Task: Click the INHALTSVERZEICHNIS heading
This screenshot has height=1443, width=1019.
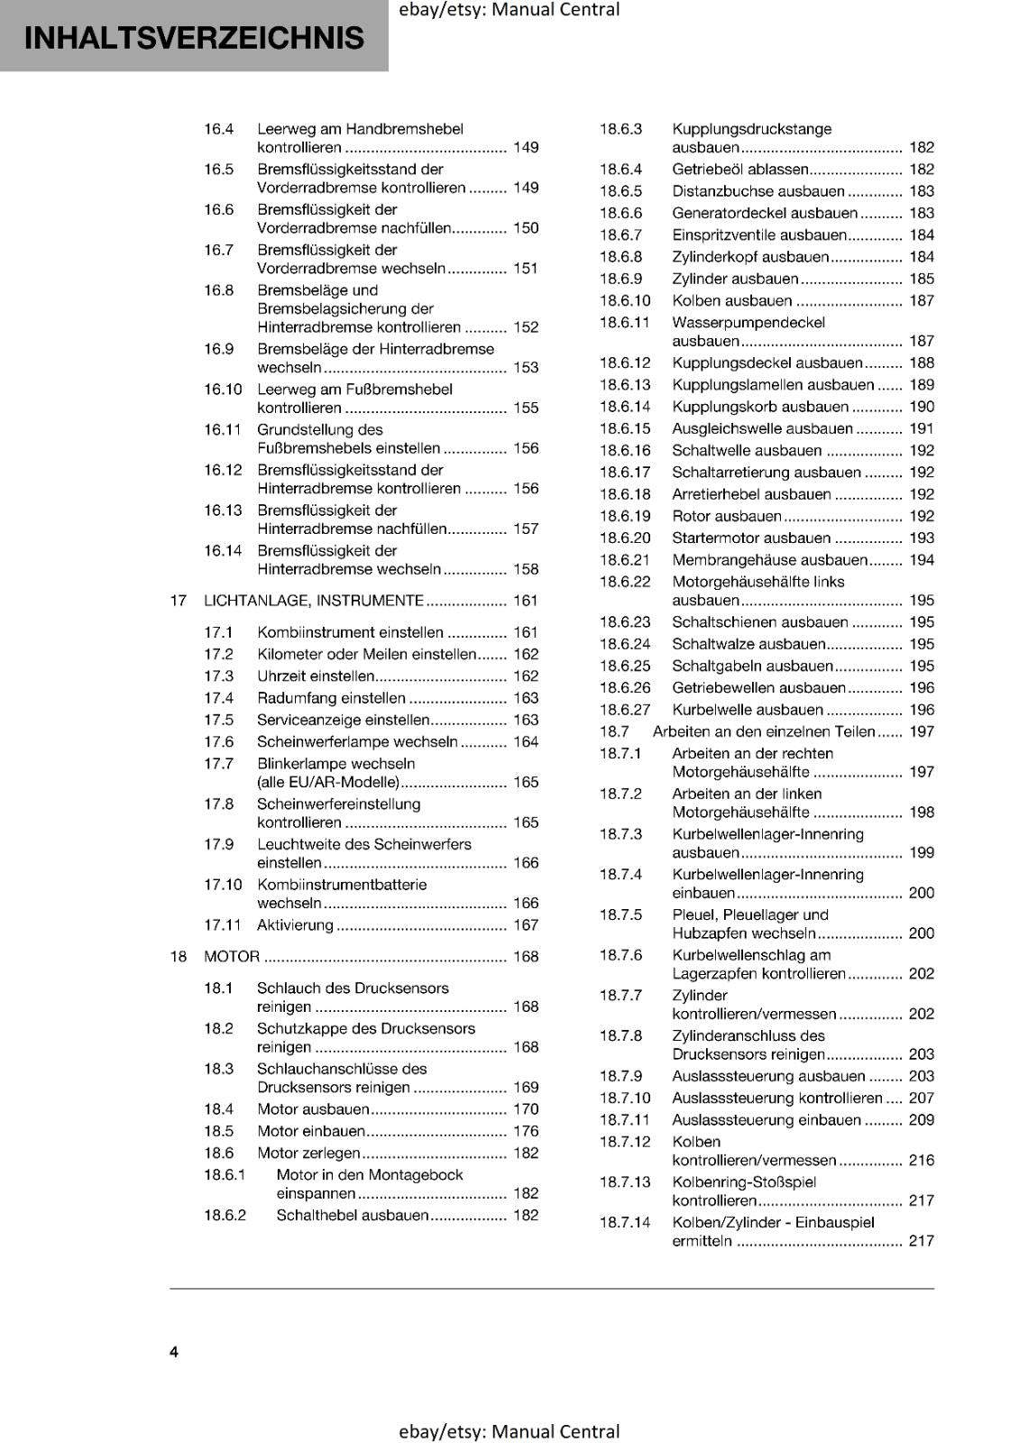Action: click(194, 38)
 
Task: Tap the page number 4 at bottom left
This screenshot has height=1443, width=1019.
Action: click(174, 1352)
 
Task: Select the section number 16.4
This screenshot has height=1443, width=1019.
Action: click(218, 129)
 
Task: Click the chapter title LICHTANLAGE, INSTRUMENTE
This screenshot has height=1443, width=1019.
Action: click(313, 601)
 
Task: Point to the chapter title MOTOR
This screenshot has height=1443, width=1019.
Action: click(232, 956)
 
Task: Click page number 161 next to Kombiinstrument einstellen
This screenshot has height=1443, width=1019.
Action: click(525, 632)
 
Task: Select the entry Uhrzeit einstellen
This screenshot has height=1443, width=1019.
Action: click(316, 676)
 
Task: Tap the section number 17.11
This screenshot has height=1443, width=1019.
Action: click(222, 925)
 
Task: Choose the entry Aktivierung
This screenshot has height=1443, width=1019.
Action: click(295, 925)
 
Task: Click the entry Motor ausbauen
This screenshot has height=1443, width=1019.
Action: click(313, 1109)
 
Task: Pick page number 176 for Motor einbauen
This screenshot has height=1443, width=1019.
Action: click(525, 1131)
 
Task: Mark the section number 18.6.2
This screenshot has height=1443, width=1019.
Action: click(225, 1215)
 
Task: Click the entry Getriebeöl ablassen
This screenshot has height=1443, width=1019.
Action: click(739, 170)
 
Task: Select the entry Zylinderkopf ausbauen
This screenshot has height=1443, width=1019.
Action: click(749, 257)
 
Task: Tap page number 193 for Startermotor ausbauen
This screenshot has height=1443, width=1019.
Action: click(921, 538)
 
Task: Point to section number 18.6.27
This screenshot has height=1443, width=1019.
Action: click(624, 710)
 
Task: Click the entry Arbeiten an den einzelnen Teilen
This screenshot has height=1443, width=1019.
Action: click(763, 731)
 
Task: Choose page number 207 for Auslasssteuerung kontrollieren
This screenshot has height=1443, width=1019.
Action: click(921, 1098)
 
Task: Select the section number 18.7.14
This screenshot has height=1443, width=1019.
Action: click(624, 1222)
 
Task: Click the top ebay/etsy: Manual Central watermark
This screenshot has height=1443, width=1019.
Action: click(509, 10)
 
